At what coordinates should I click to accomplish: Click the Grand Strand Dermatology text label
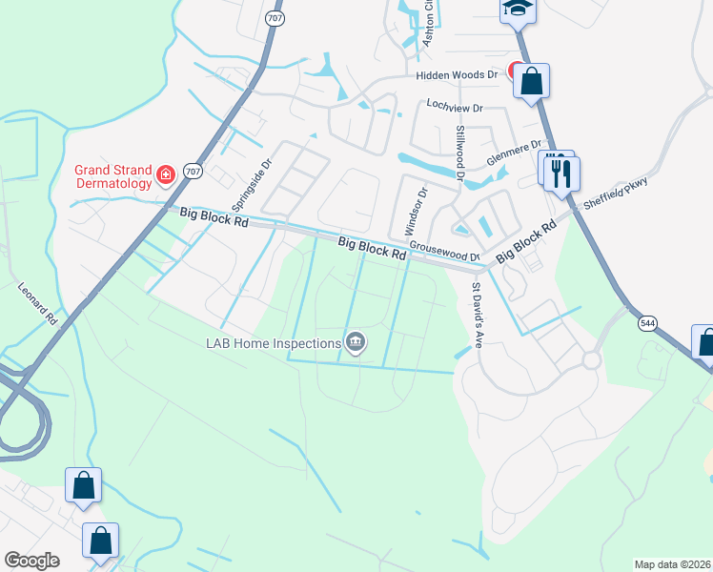point(113,176)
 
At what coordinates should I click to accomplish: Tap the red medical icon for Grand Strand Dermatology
point(166,174)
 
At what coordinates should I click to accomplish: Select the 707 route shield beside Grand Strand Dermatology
point(194,172)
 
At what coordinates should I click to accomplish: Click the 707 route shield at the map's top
point(273,18)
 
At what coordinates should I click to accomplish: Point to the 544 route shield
point(642,324)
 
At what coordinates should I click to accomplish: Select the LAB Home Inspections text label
point(273,343)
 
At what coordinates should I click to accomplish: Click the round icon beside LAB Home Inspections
point(356,341)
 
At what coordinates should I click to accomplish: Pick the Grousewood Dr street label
point(445,252)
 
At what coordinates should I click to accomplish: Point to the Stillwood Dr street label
point(459,153)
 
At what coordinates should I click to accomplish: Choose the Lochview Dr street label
point(456,108)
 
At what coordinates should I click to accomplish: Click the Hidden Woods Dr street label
point(457,74)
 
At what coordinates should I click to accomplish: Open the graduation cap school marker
point(518,9)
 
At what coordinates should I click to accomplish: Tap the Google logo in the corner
point(31,561)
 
